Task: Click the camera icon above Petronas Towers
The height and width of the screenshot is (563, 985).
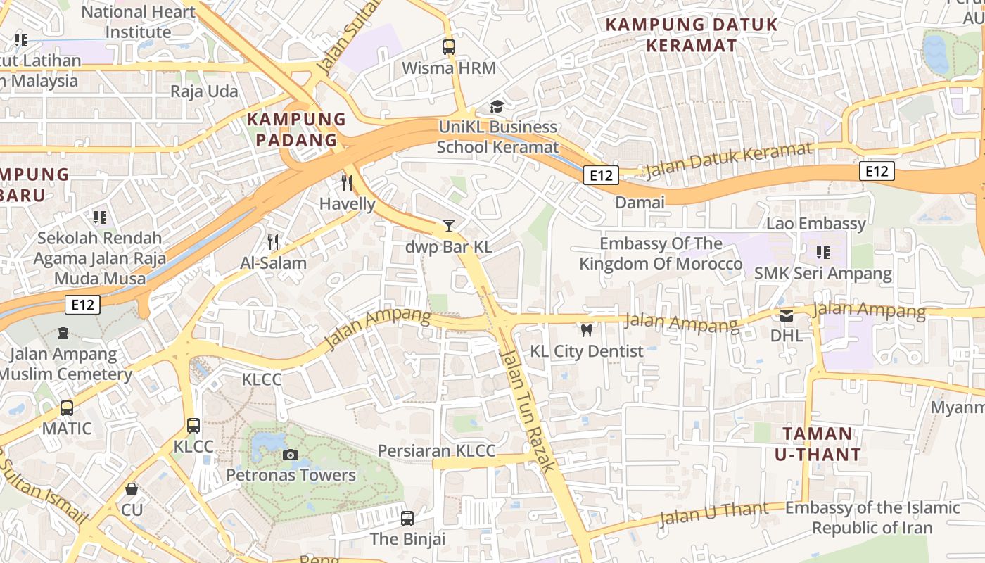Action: point(290,455)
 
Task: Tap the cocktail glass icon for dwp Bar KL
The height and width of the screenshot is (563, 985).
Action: point(448,226)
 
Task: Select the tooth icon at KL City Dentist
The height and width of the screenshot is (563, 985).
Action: point(586,330)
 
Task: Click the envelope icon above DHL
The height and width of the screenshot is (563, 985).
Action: point(786,315)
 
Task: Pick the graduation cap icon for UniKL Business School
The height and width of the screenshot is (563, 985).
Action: point(497,106)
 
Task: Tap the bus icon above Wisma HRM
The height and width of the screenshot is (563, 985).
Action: point(448,47)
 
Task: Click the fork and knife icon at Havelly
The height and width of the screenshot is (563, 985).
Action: point(347,183)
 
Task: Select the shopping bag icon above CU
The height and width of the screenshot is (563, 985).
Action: point(132,488)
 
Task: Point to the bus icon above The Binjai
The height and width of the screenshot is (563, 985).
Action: point(407,519)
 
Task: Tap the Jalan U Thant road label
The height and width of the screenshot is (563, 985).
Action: point(713,513)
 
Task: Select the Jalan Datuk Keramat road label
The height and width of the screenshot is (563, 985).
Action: point(728,160)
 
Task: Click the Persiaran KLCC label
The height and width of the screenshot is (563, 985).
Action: point(436,450)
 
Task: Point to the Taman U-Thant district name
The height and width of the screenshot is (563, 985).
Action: point(818,444)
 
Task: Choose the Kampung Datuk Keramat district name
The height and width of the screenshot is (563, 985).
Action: point(692,35)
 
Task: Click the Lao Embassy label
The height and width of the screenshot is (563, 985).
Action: point(816,224)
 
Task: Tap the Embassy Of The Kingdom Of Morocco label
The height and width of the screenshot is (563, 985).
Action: point(660,254)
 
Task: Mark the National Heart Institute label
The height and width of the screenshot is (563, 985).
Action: point(139,22)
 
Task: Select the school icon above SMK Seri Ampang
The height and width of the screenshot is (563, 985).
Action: point(822,252)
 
